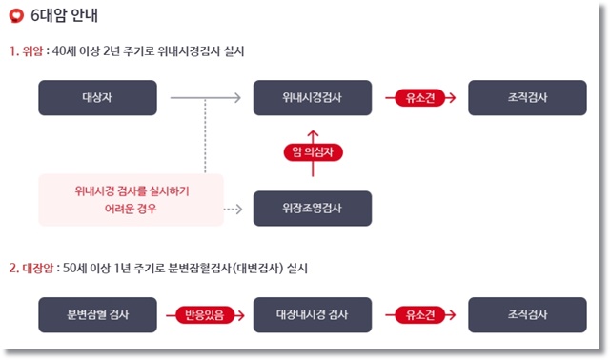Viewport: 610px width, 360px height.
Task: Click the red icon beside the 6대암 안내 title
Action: [15, 16]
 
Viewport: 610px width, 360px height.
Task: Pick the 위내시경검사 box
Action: [313, 97]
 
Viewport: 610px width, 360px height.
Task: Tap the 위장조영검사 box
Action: [313, 208]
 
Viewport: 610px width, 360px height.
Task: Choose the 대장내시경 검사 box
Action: [313, 313]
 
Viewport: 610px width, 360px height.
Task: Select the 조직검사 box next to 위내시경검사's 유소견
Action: [527, 97]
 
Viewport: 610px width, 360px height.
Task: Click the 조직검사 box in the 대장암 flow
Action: [527, 313]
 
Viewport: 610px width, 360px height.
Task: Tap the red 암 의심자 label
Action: [313, 152]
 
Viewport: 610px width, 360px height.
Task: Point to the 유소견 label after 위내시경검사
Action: [419, 97]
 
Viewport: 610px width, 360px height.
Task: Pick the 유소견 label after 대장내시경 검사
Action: [419, 313]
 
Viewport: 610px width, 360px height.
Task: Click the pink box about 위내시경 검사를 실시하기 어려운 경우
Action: [132, 199]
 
